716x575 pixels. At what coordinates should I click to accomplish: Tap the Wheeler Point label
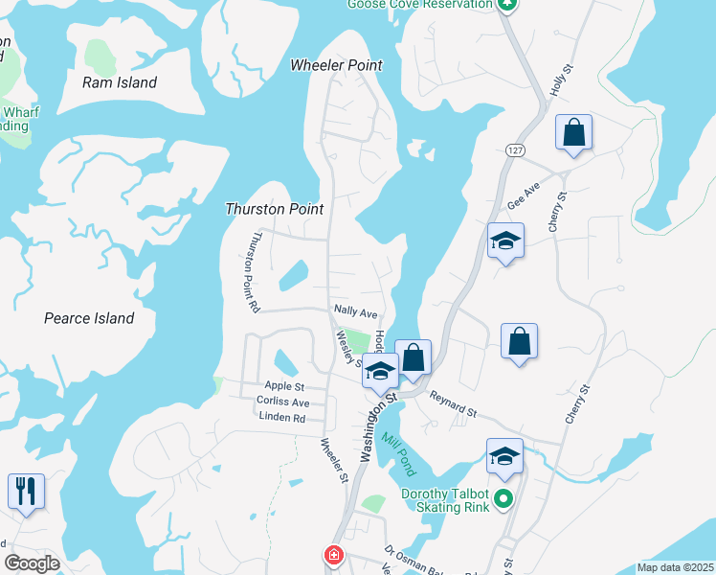tap(336, 65)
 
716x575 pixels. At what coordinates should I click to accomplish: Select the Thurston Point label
tap(274, 209)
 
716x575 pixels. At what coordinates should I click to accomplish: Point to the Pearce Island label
tap(89, 318)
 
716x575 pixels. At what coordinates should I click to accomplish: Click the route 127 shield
tap(515, 151)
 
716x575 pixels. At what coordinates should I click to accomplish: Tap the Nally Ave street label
tap(355, 311)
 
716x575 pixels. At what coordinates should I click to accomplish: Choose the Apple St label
tap(283, 385)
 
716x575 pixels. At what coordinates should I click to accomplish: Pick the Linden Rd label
tap(281, 418)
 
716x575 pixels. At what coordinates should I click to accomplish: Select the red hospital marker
tap(332, 556)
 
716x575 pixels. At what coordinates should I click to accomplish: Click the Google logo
tap(32, 563)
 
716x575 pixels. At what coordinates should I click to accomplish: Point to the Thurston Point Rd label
tap(254, 272)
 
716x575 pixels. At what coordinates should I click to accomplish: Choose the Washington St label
tap(379, 431)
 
